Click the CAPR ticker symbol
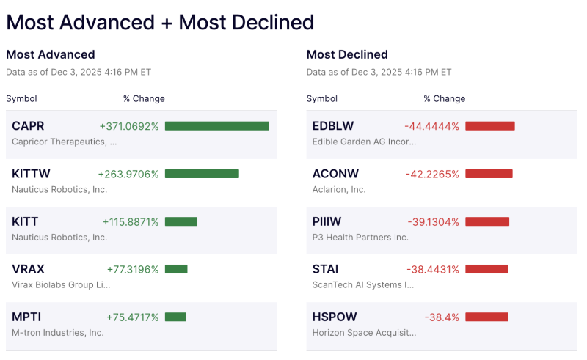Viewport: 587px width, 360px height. click(28, 126)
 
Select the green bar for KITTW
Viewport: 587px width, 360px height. click(202, 174)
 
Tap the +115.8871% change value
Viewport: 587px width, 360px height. click(131, 221)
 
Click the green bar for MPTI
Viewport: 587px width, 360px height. click(175, 317)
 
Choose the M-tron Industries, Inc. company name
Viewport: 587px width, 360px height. click(58, 332)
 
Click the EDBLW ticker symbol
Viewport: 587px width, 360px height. click(332, 126)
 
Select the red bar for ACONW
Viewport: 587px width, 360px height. click(489, 174)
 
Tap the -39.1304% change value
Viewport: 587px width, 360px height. click(433, 221)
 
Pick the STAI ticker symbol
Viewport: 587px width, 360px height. click(325, 269)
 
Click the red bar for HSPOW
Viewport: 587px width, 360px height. click(486, 317)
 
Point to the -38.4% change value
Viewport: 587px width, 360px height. click(442, 317)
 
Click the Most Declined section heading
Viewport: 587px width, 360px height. click(347, 54)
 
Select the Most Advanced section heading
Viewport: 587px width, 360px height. click(50, 54)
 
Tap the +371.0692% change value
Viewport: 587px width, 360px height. click(129, 126)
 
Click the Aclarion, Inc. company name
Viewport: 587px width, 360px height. click(339, 189)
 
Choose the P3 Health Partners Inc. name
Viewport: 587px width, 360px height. click(360, 237)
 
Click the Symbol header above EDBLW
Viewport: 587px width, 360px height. click(322, 98)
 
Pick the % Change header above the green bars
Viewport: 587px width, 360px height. click(144, 98)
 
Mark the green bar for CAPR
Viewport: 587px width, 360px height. click(217, 126)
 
